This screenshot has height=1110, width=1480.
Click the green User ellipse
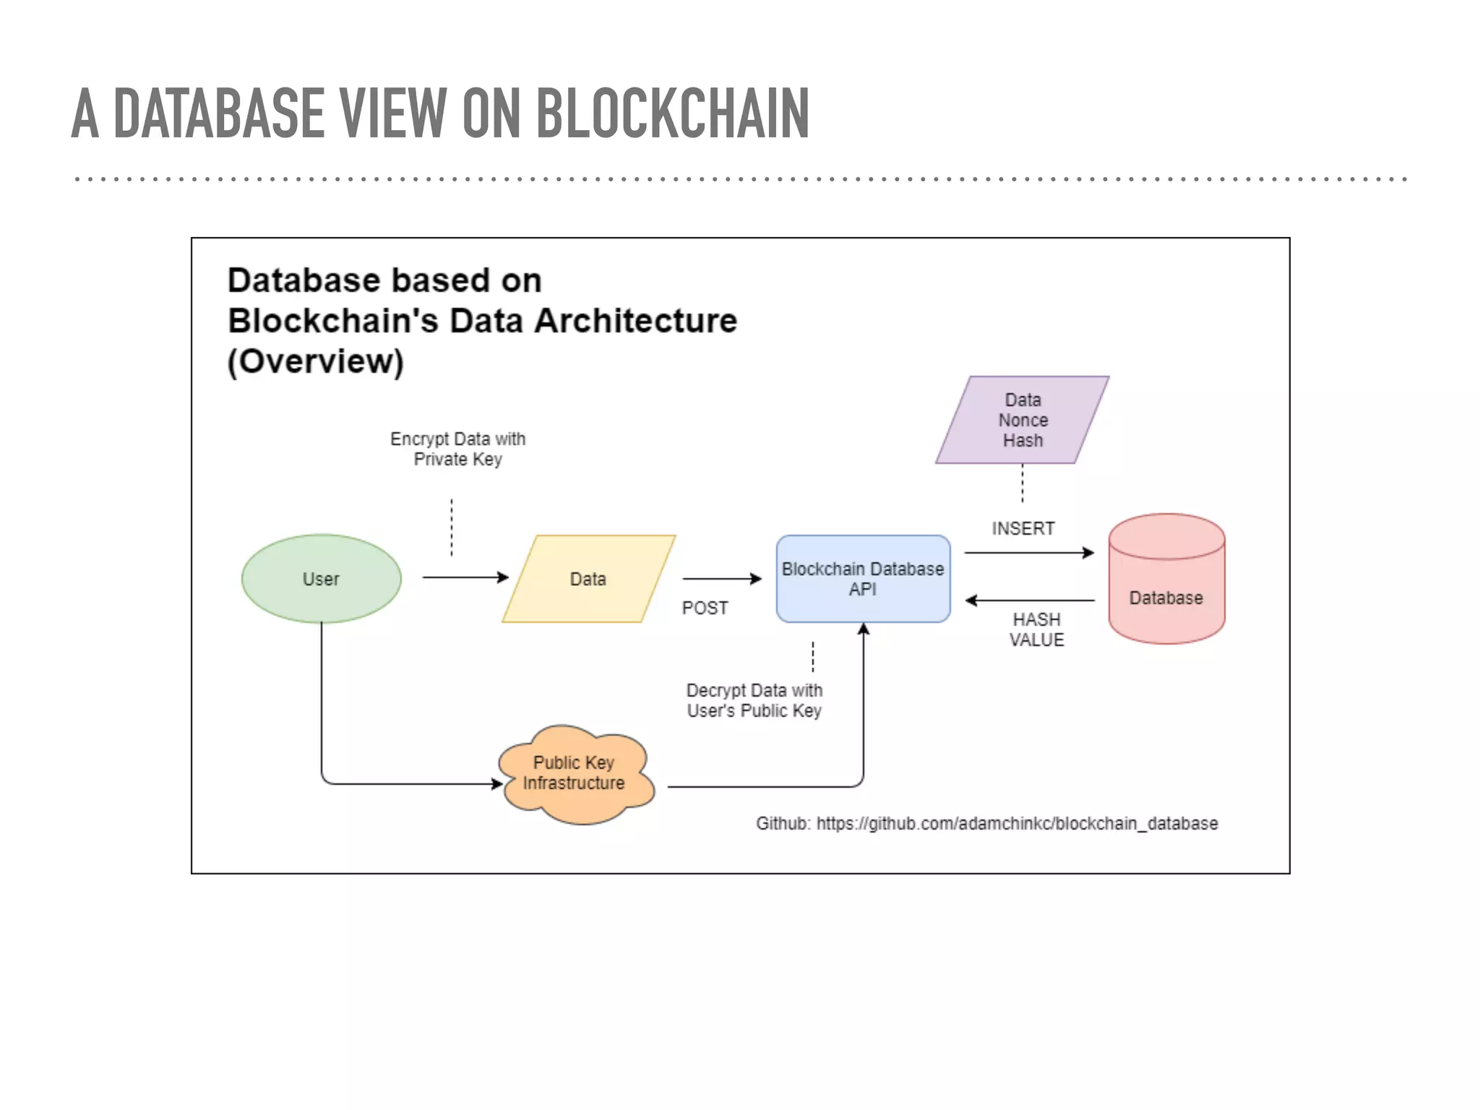pos(321,578)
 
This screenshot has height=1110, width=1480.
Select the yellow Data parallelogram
pos(588,578)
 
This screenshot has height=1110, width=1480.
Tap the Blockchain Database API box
pos(863,578)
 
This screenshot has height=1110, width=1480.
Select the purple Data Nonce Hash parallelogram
pos(1022,420)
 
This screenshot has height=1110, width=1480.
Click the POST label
pos(705,608)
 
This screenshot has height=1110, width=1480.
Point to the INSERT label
pos(1023,528)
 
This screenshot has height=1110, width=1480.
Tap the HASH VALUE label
pos(1036,629)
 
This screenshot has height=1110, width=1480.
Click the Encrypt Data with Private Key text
pos(457,449)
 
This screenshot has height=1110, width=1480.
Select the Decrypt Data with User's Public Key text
pos(754,700)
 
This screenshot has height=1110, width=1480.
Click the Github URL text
pos(986,823)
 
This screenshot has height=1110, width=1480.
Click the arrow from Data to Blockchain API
pos(720,578)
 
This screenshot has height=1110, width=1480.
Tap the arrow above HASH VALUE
pos(1029,600)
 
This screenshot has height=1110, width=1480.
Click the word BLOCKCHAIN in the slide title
pos(672,113)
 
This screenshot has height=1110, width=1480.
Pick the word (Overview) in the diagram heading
pos(316,361)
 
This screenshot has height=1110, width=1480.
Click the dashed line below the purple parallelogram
pos(1022,483)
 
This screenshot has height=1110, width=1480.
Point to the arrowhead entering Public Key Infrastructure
pos(497,783)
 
